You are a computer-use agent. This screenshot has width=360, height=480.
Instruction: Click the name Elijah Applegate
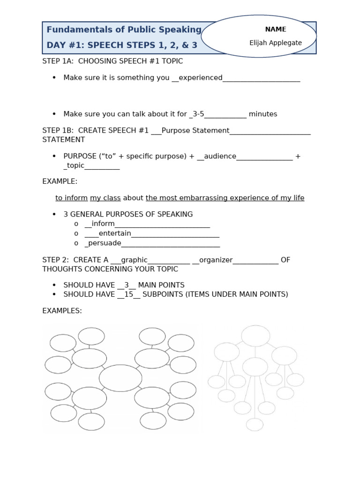click(x=276, y=43)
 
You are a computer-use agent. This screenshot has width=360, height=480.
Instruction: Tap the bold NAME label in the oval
click(x=276, y=29)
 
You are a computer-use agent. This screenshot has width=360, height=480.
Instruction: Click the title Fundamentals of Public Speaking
click(x=124, y=30)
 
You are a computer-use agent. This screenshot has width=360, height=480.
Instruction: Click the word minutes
click(x=263, y=114)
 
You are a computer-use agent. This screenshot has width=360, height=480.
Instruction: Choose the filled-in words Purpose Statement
click(x=195, y=130)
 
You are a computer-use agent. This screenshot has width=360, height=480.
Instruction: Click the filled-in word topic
click(x=76, y=165)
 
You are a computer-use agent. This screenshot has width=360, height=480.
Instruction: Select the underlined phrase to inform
click(x=71, y=198)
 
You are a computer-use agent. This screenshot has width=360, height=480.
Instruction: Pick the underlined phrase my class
click(x=105, y=198)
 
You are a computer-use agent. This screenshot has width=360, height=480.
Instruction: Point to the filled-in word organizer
click(x=216, y=260)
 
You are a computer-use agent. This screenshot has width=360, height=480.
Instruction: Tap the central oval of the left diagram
click(x=120, y=378)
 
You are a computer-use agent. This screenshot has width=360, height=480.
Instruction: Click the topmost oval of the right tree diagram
click(x=255, y=336)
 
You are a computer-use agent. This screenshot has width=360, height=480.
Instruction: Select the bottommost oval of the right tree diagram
click(x=255, y=424)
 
